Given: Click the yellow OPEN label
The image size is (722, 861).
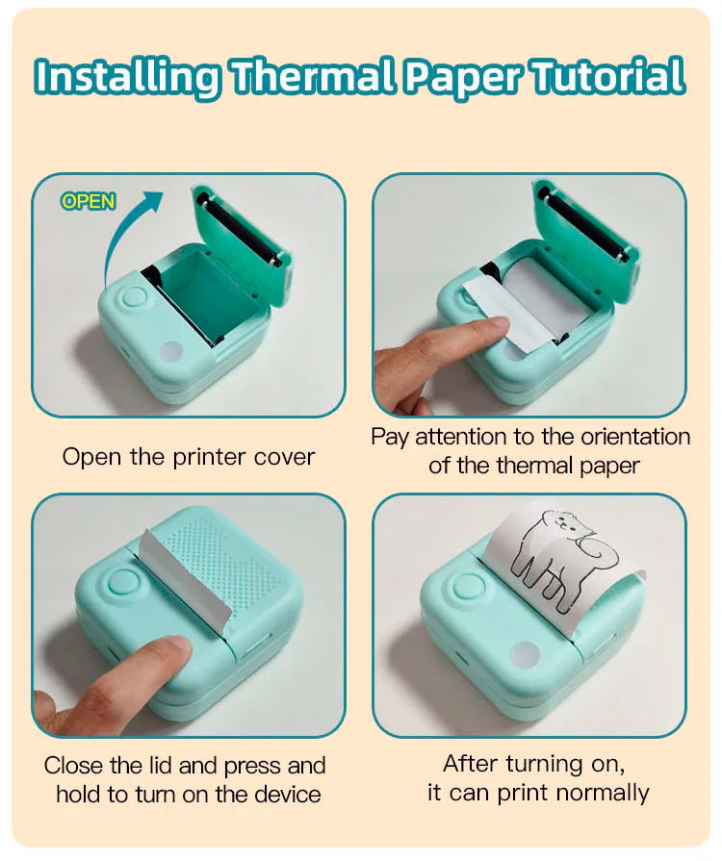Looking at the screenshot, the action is click(88, 201).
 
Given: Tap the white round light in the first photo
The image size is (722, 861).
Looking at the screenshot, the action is click(172, 350).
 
